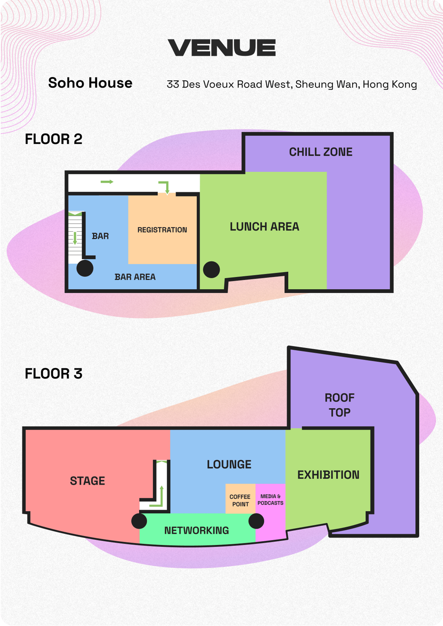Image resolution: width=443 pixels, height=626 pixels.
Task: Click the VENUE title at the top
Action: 221,47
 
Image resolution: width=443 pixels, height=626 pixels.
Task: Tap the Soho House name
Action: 90,83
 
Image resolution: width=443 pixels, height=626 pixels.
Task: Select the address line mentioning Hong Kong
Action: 292,84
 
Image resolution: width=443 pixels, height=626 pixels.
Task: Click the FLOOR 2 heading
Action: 53,139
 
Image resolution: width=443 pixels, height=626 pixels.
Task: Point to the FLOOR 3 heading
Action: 53,373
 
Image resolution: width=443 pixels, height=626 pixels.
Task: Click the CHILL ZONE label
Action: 321,152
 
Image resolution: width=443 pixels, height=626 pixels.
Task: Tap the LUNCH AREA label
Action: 264,227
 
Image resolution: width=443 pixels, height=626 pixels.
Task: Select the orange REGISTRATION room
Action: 162,229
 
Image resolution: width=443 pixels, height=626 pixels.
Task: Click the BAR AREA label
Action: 135,277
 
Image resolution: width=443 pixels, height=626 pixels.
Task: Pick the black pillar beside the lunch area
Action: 212,270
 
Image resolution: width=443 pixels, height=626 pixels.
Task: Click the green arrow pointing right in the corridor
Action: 107,182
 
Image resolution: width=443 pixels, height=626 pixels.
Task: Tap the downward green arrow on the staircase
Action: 75,238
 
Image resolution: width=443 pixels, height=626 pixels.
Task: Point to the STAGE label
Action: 87,481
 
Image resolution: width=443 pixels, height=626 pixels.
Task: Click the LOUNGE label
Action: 229,464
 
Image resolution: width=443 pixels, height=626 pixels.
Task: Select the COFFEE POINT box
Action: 240,499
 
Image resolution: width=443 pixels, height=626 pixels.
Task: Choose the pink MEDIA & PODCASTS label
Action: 271,500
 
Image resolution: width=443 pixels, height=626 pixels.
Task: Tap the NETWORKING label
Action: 197,530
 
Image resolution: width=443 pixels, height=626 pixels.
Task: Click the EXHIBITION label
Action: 328,475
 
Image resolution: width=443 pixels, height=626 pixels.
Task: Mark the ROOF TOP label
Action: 340,405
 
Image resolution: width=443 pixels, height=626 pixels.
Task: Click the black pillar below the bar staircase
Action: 85,268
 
